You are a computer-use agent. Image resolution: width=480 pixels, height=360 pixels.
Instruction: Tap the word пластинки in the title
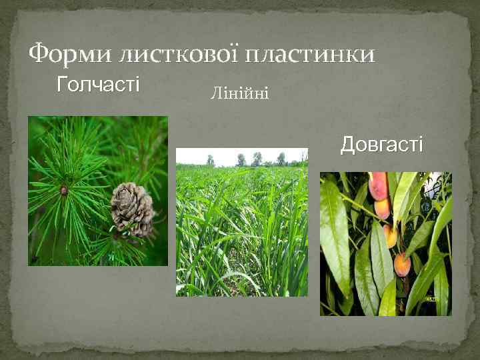point(310,53)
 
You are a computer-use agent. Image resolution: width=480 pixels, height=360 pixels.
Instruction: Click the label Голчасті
point(99,85)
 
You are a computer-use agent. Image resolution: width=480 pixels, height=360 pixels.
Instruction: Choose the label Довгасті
point(381,144)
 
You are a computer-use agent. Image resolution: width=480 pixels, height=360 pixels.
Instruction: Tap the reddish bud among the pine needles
point(64,190)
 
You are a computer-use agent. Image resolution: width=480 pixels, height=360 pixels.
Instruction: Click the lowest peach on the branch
point(402,264)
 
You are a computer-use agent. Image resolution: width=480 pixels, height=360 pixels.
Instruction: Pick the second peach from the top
point(382,208)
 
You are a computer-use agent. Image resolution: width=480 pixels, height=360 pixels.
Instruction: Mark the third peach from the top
point(390,235)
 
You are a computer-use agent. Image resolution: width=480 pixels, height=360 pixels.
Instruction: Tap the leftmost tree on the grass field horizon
point(210,160)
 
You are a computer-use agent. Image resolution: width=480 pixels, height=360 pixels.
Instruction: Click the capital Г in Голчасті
point(62,85)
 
